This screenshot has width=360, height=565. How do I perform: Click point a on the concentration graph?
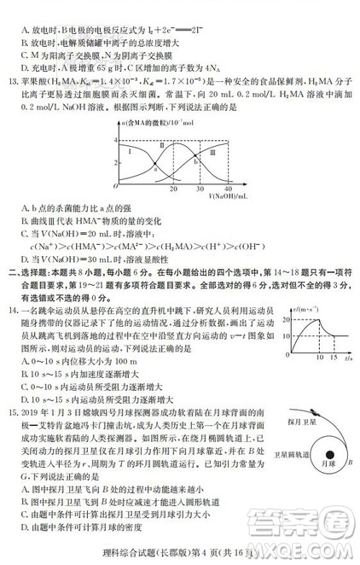154,168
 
